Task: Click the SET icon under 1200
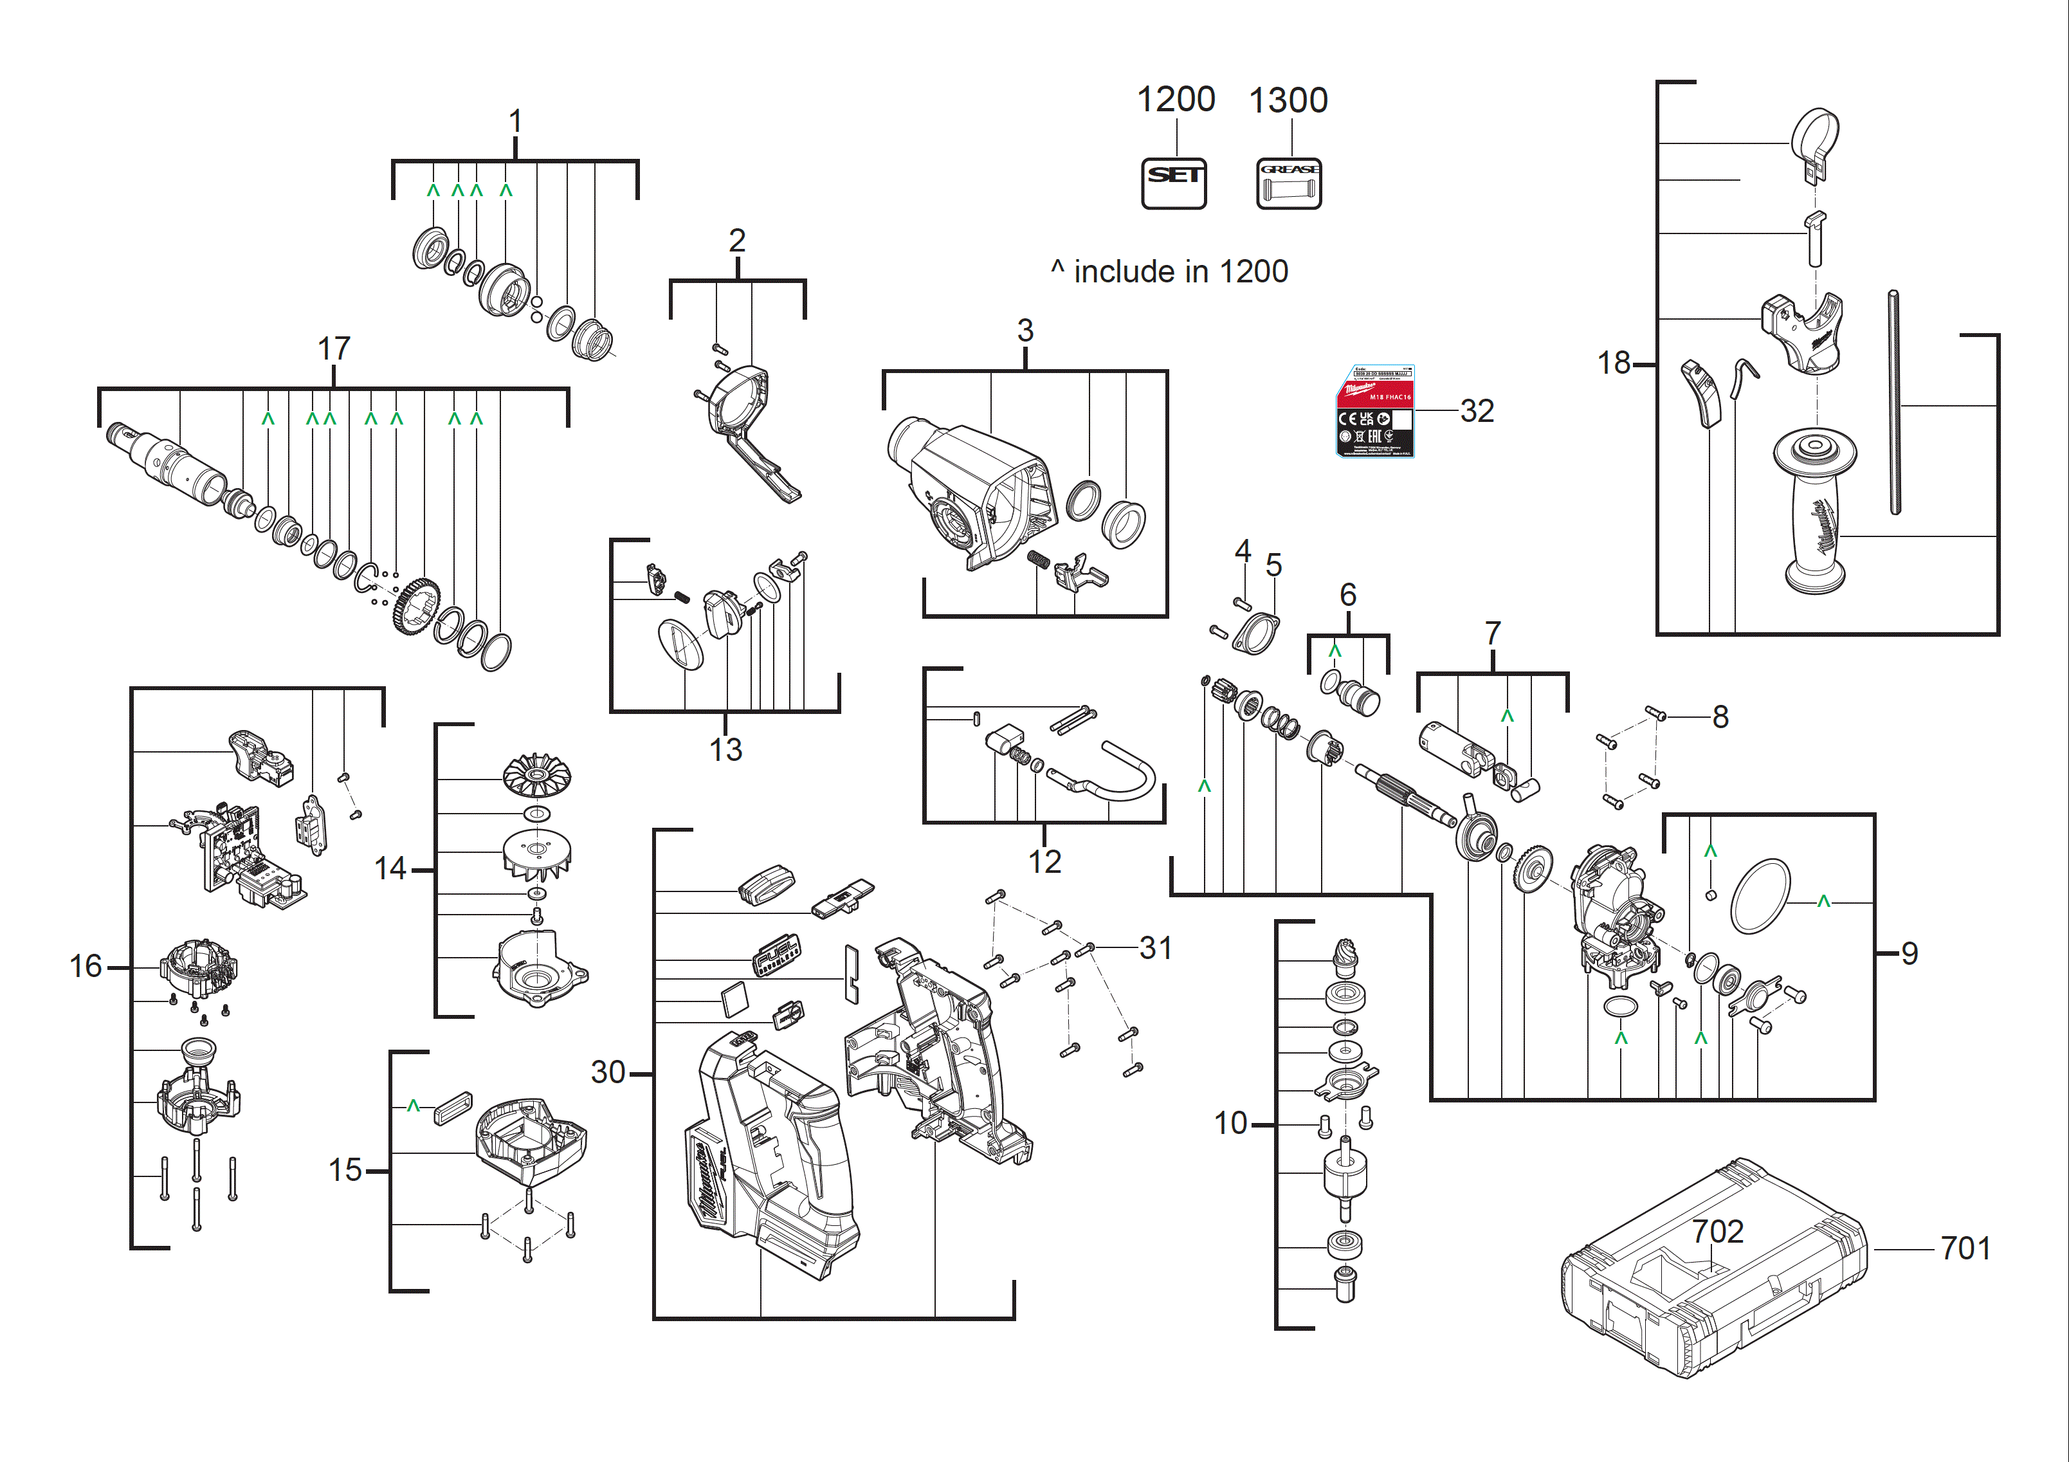click(x=1173, y=183)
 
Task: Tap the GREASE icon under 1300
click(x=1289, y=183)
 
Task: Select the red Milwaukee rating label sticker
click(x=1374, y=411)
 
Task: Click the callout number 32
click(x=1477, y=411)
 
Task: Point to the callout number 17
click(x=333, y=349)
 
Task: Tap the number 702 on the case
click(x=1718, y=1231)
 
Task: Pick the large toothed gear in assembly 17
click(x=416, y=607)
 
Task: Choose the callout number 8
click(x=1720, y=717)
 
